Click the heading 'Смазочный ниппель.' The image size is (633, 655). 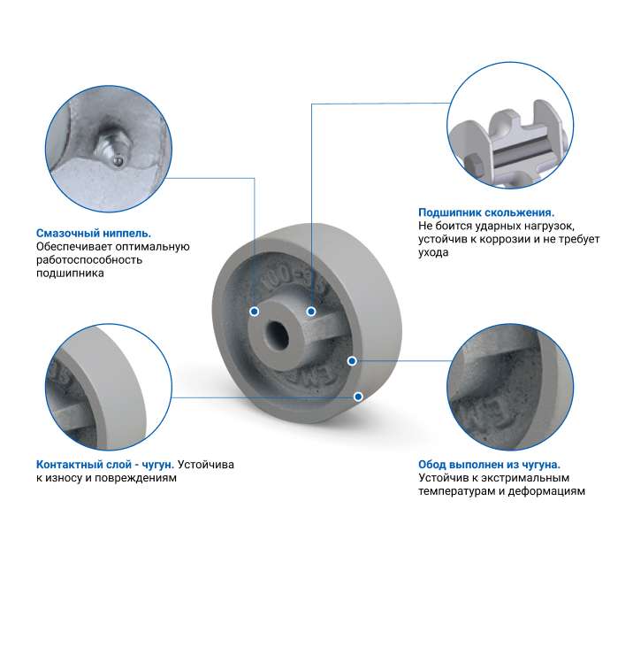94,233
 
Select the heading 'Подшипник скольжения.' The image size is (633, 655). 486,212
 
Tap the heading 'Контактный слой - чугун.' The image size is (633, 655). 105,465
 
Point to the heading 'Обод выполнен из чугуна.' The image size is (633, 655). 489,465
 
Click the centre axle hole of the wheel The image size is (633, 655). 277,335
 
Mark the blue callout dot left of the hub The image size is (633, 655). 254,312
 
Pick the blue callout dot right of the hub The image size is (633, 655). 311,312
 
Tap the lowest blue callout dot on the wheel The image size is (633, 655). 358,397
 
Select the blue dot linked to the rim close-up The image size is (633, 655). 352,360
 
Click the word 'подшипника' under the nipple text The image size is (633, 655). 70,274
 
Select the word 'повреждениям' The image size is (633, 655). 135,478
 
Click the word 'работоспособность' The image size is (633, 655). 89,260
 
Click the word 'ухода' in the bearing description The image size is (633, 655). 433,253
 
